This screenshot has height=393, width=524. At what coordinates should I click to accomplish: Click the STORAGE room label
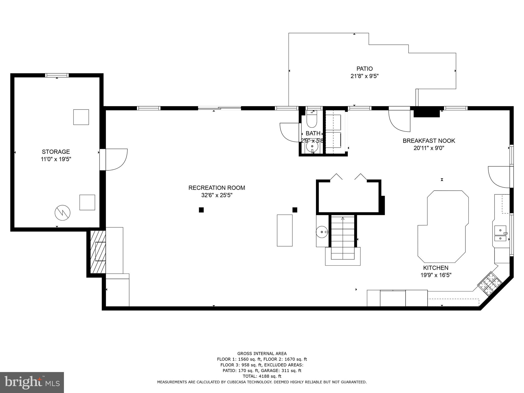point(56,152)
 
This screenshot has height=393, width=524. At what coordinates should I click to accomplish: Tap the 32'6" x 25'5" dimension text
point(217,195)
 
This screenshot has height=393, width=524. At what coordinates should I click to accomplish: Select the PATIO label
point(364,69)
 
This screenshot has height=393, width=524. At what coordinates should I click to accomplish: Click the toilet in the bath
point(312,120)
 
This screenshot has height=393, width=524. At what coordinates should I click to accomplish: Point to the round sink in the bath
point(312,146)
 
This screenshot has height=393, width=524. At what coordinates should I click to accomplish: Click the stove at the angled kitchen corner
point(490,283)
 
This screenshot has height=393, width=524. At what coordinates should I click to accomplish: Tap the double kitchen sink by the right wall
point(500,234)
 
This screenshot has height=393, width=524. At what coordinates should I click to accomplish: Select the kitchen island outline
point(443,226)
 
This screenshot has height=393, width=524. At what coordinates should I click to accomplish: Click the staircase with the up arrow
point(343,237)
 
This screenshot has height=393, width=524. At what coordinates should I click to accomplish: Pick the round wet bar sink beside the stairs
point(321,232)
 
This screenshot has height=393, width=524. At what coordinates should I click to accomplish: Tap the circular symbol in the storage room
point(62,213)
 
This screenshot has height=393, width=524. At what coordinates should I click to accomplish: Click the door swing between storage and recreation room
point(116,159)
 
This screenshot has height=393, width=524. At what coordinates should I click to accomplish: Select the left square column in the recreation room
point(201,210)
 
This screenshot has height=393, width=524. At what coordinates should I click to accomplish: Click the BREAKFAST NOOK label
point(429,141)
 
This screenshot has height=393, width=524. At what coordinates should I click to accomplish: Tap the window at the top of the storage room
point(57,75)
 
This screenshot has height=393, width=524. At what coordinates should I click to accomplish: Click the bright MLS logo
point(32,382)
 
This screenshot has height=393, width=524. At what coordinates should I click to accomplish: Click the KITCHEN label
point(436,268)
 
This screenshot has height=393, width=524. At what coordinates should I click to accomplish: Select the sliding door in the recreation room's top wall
point(220,108)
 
